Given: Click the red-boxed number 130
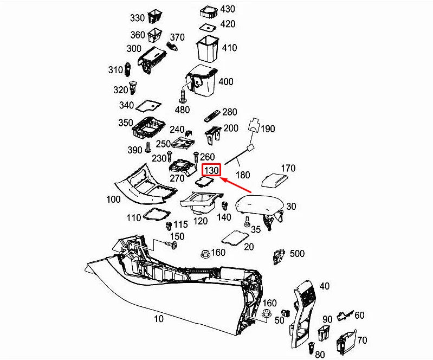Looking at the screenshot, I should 211,170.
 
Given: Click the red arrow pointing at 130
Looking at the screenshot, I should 239,185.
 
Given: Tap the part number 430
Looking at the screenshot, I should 228,9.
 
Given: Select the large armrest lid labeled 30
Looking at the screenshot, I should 260,205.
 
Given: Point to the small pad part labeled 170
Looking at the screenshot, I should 275,179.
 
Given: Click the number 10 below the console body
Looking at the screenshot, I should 158,319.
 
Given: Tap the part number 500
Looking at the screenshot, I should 297,254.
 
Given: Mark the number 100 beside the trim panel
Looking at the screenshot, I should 113,200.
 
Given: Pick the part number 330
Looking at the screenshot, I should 138,18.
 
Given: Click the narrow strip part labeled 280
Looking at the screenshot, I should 212,115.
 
